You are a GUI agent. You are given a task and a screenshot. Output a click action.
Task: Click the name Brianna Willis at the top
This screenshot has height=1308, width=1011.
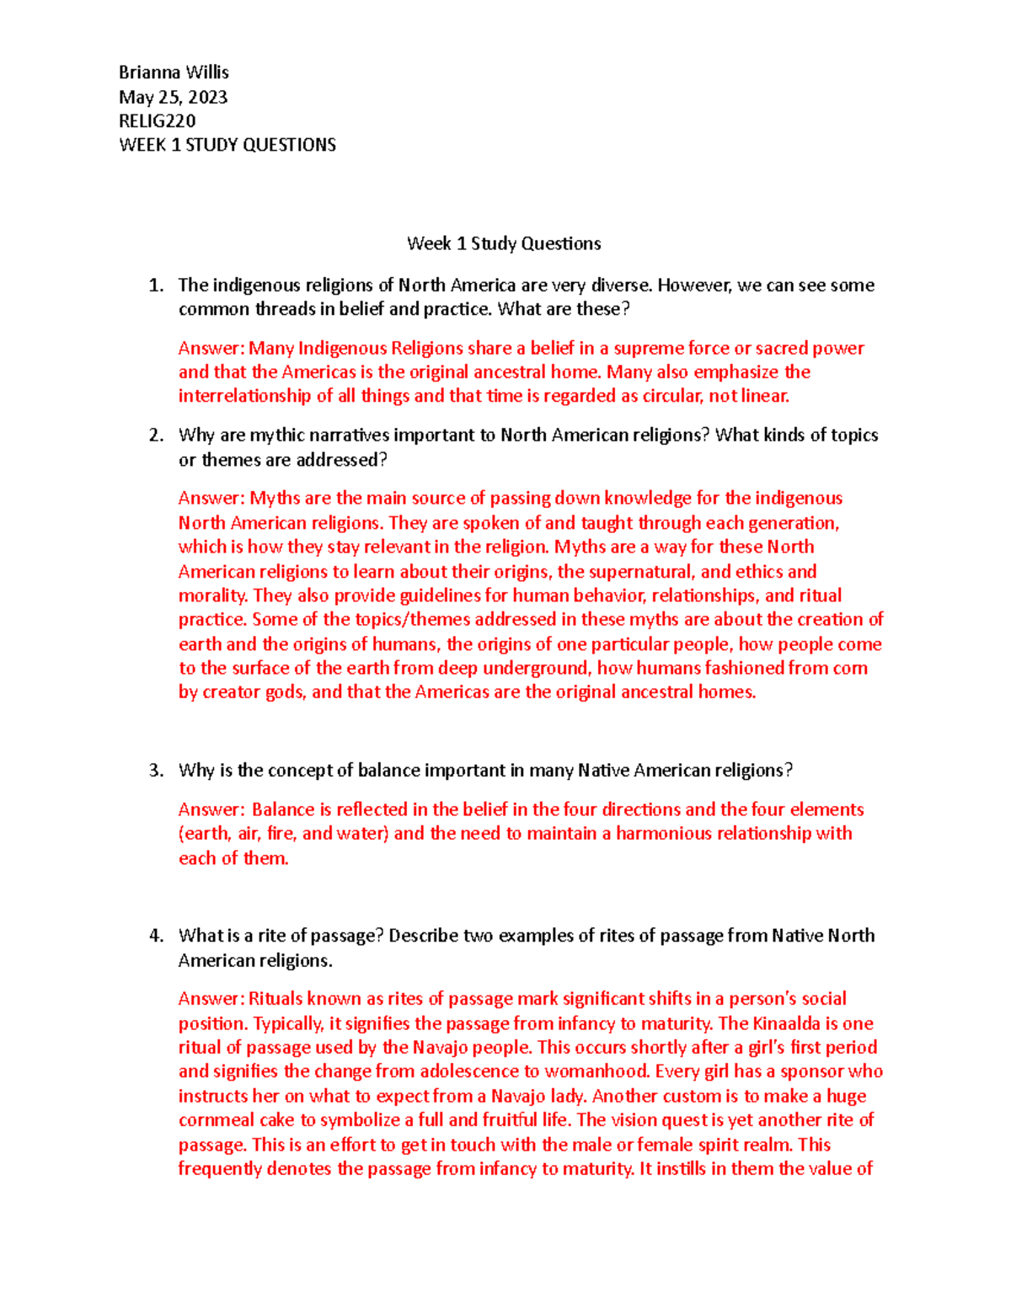(174, 72)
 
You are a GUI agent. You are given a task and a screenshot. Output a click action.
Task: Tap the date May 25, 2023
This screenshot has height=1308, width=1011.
(173, 97)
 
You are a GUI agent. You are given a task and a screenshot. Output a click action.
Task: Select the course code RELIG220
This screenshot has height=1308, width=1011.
(157, 120)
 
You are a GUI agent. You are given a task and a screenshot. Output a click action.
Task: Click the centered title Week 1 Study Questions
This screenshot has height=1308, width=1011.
(504, 244)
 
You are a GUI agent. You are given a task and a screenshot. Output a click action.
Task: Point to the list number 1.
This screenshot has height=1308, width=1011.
(155, 286)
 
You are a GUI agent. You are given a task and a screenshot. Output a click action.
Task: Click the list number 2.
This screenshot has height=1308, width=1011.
(155, 435)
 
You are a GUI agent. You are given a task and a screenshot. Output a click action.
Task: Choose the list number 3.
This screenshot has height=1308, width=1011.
(155, 771)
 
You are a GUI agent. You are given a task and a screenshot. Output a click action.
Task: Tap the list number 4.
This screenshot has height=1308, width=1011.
(155, 936)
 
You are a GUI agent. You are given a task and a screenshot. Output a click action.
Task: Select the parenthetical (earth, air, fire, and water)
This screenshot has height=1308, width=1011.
(284, 834)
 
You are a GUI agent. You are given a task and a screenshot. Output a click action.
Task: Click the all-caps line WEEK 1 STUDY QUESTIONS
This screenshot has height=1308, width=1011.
(227, 145)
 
